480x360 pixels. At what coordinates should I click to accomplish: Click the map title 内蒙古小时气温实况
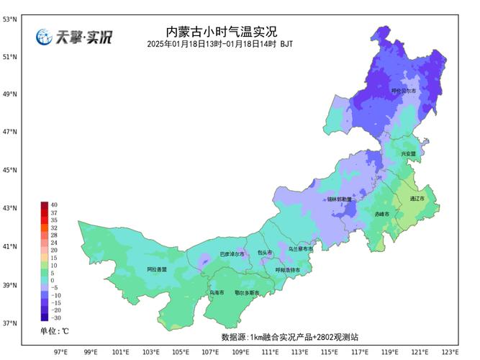tap(221, 32)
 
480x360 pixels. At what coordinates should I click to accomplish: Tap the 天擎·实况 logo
tap(75, 37)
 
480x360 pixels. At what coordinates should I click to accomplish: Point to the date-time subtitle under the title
tap(219, 45)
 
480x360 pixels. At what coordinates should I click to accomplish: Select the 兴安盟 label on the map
tap(409, 154)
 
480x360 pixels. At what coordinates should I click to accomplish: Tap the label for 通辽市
tap(417, 198)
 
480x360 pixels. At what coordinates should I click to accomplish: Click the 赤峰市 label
tap(382, 215)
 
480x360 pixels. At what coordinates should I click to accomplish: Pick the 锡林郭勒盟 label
tap(340, 199)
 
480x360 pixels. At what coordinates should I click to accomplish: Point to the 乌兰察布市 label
tap(301, 248)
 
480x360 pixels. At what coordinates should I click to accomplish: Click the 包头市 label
tap(266, 253)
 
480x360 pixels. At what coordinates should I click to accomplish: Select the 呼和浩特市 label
tap(287, 270)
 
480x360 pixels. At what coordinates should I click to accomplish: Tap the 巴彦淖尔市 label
tap(232, 254)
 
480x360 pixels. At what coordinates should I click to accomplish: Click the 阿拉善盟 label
tap(156, 269)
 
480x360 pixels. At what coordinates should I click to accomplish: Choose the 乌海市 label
tap(217, 293)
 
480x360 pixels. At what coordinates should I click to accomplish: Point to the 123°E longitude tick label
tap(450, 352)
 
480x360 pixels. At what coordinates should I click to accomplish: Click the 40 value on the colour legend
tap(54, 205)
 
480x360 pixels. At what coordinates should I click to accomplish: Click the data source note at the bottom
tap(289, 337)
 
